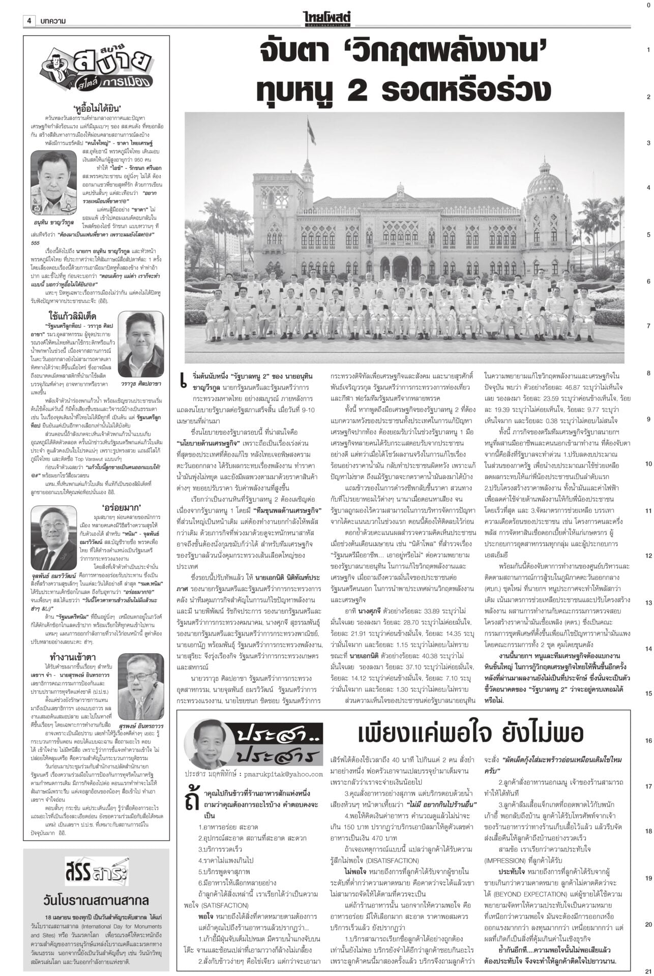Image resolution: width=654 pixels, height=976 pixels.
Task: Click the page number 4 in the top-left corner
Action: pyautogui.click(x=29, y=20)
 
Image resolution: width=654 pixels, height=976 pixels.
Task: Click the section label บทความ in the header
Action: pyautogui.click(x=52, y=20)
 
